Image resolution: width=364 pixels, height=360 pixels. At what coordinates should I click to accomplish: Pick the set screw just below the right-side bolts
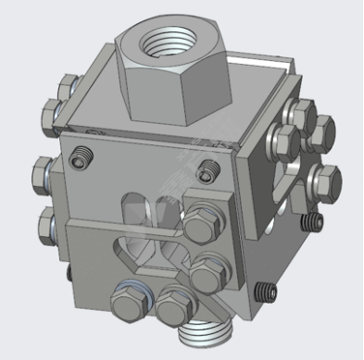tap(314, 222)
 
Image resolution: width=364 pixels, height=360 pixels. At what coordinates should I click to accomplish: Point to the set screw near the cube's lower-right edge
tap(268, 290)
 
